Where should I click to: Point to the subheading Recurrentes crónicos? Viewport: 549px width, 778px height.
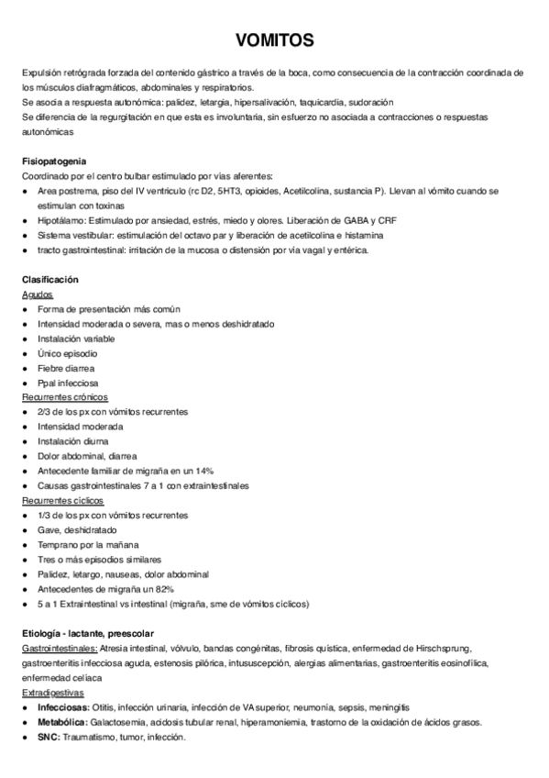pyautogui.click(x=65, y=397)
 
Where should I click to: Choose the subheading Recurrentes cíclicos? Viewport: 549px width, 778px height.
pyautogui.click(x=62, y=500)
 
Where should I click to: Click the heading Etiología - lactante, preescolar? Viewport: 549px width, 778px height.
pyautogui.click(x=88, y=633)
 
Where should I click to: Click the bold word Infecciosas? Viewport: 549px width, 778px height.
pyautogui.click(x=63, y=707)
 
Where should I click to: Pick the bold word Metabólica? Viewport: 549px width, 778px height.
pyautogui.click(x=62, y=722)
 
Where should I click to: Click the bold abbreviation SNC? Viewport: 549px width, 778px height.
pyautogui.click(x=48, y=737)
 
